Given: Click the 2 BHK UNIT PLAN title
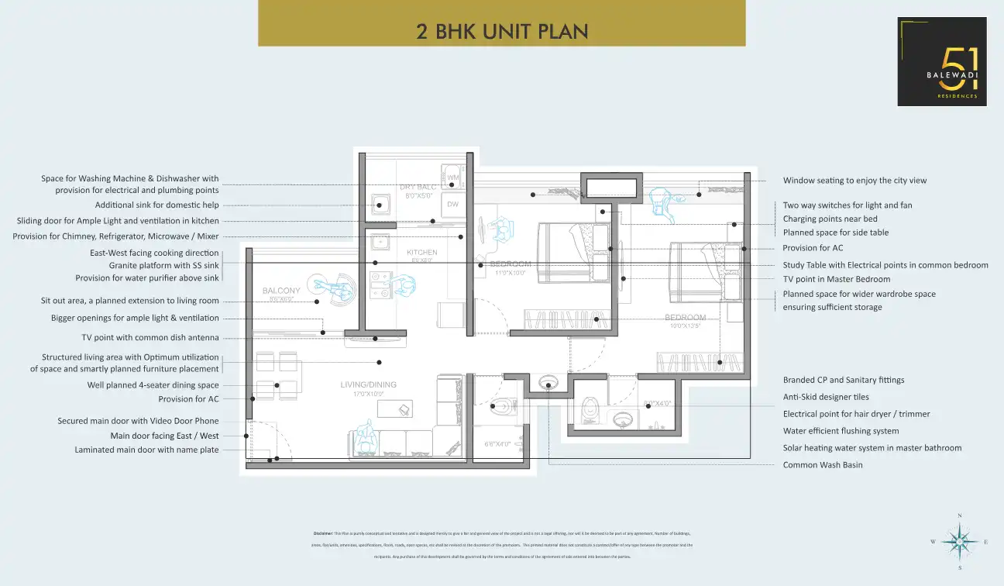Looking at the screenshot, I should click(x=502, y=32).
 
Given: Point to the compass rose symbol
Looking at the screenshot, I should click(x=960, y=541).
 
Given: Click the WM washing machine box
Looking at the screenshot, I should click(x=453, y=178).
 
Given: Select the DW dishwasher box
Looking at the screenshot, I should click(x=453, y=205).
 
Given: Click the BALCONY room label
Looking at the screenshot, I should click(x=281, y=291).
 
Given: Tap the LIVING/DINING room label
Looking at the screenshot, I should click(x=368, y=385).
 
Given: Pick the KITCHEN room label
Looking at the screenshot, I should click(x=422, y=253).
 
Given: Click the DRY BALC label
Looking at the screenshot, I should click(x=419, y=187).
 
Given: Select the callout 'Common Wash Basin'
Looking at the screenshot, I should click(x=822, y=465).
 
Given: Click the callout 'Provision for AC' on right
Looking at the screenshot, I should click(x=813, y=248).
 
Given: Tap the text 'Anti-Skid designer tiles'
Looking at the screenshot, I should click(x=826, y=397).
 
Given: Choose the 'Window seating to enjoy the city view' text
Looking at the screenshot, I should click(x=854, y=181).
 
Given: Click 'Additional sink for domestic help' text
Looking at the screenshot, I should click(x=156, y=205).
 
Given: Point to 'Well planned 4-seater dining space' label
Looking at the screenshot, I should click(x=153, y=385).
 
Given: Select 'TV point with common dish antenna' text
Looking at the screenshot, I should click(x=150, y=338).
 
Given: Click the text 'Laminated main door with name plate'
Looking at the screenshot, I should click(x=146, y=450).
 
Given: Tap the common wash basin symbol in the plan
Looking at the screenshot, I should click(x=548, y=383).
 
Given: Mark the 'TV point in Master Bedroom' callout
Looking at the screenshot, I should click(x=836, y=279).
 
